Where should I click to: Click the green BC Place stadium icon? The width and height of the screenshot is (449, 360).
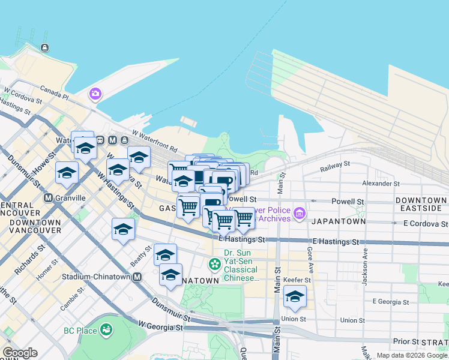(106, 329)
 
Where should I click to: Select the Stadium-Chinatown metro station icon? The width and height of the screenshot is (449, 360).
(137, 277)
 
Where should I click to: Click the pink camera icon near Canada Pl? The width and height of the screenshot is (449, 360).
(95, 94)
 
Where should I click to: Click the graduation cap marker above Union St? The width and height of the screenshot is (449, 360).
(294, 296)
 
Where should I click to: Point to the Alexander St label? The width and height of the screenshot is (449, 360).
(381, 183)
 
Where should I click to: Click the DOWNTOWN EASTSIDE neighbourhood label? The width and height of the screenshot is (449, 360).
(421, 204)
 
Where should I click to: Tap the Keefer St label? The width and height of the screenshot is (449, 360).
(298, 280)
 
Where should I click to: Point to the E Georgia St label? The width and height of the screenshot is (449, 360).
(391, 301)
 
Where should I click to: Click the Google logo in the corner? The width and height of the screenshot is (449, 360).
(20, 353)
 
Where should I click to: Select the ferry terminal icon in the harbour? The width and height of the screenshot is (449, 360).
(44, 47)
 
